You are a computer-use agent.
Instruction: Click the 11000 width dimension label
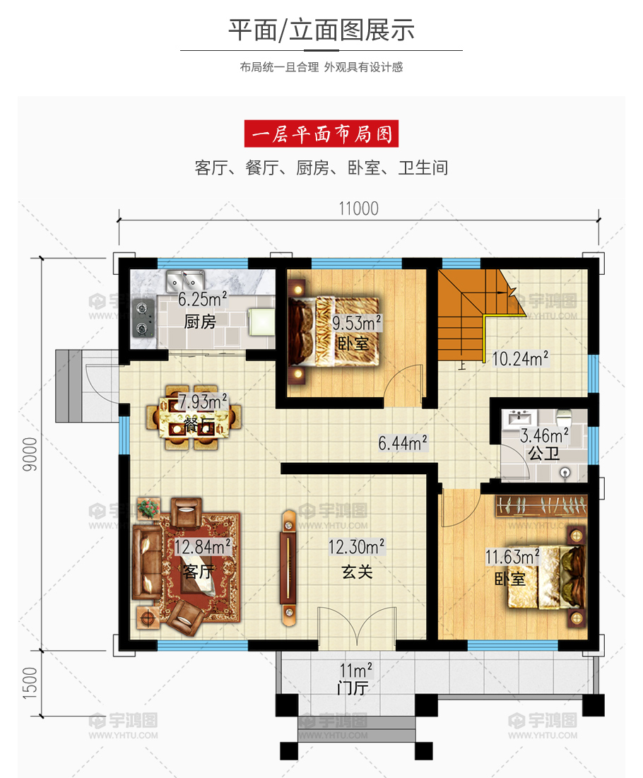click(358, 209)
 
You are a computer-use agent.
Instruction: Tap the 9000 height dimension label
click(30, 454)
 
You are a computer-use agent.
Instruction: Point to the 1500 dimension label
click(30, 683)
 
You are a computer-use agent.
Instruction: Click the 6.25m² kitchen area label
click(202, 299)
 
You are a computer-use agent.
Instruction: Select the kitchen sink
click(185, 281)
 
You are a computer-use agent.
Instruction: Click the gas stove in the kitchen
click(143, 317)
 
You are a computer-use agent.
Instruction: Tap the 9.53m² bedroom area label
click(356, 322)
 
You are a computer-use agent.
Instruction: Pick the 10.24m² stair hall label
click(520, 358)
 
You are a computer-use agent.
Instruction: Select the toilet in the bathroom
click(563, 418)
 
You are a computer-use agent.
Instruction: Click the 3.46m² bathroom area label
click(544, 436)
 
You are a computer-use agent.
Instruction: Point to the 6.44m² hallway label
click(402, 442)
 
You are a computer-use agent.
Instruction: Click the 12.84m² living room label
click(202, 547)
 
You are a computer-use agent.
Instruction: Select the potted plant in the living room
click(148, 508)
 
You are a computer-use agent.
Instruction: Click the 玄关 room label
click(357, 572)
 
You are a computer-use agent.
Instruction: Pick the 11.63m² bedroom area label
click(512, 557)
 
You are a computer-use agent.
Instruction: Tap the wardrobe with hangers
click(541, 506)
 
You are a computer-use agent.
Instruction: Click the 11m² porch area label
click(355, 670)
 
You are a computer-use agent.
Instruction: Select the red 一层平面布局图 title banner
click(321, 134)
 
